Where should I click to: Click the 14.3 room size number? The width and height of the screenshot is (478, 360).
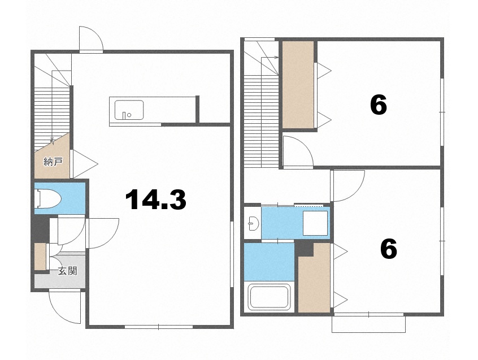[156, 199]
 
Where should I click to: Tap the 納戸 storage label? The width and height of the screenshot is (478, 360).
[53, 162]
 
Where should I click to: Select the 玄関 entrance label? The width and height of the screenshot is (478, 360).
[67, 271]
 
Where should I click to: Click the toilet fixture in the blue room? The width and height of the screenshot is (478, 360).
[48, 199]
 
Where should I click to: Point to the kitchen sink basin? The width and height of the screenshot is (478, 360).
[129, 110]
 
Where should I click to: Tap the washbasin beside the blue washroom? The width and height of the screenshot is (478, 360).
[254, 223]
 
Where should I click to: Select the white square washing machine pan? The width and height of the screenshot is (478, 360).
[315, 223]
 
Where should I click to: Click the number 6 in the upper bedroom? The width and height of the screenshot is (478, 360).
[379, 105]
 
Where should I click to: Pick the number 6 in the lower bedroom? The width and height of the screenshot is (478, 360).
[389, 249]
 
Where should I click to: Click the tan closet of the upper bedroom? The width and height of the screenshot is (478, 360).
[298, 84]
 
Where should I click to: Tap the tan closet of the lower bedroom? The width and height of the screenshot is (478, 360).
[314, 277]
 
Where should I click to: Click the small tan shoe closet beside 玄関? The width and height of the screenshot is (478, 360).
[40, 257]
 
